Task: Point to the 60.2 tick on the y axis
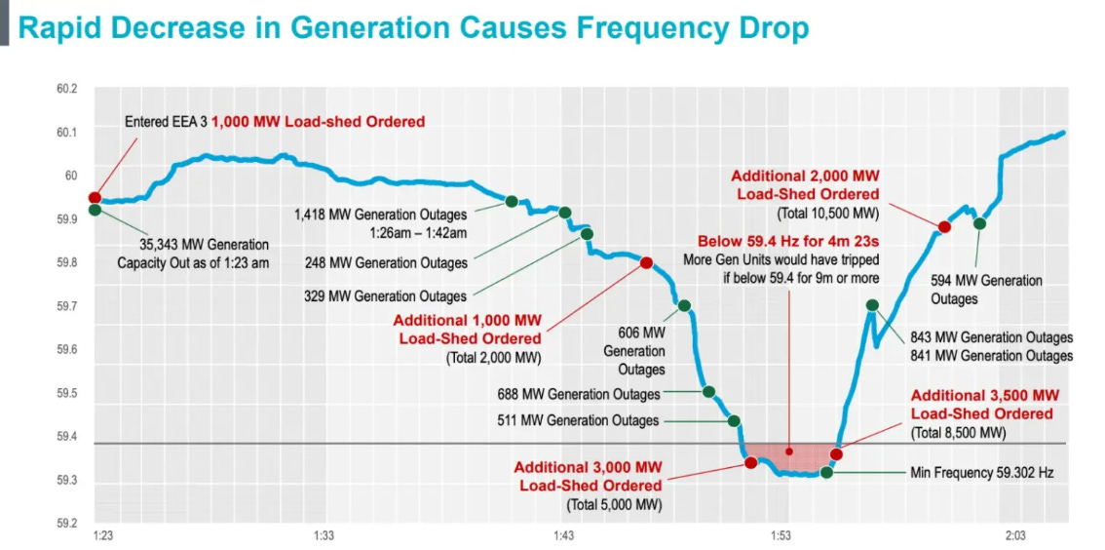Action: point(66,89)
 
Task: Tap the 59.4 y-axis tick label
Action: point(66,437)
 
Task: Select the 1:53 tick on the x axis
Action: point(780,535)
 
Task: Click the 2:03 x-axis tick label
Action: point(1015,535)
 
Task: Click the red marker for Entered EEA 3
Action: point(95,198)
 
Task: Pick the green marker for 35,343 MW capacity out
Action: point(95,210)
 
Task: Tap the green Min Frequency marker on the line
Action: point(826,473)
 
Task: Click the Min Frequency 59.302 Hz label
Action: point(981,473)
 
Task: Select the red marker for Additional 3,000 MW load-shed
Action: point(750,462)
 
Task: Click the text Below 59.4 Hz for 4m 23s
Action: point(787,241)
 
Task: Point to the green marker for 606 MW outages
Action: point(684,305)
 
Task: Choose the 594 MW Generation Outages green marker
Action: point(979,224)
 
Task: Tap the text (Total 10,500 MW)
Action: point(828,213)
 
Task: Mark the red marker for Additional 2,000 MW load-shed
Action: point(943,227)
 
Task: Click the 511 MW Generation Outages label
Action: point(578,421)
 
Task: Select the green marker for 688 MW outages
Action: point(709,391)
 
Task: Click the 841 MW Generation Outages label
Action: point(991,356)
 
